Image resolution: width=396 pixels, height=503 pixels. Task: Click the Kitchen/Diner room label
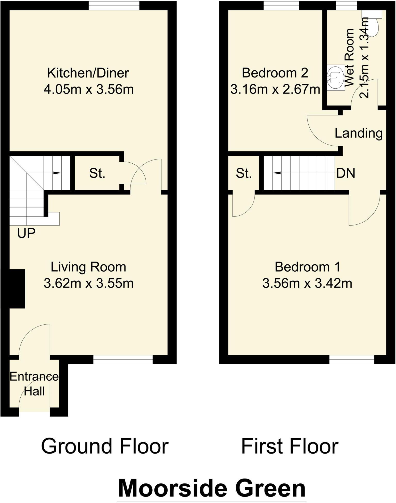[88, 73]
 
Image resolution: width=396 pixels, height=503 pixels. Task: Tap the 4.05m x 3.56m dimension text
[88, 90]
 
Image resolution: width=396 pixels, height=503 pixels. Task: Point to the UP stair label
[26, 233]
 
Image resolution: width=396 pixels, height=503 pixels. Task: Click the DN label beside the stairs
[346, 173]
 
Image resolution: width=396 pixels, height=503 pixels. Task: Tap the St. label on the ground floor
[97, 173]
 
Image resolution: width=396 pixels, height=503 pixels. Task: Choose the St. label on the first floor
[244, 173]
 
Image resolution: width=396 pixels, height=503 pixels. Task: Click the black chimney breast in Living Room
[17, 289]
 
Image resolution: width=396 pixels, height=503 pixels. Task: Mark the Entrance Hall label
[34, 384]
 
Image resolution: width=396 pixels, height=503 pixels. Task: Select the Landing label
[358, 133]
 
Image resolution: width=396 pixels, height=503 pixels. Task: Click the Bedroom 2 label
[275, 73]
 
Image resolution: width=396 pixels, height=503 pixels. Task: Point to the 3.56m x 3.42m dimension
[307, 283]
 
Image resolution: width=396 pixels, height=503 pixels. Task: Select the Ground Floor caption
[105, 446]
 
